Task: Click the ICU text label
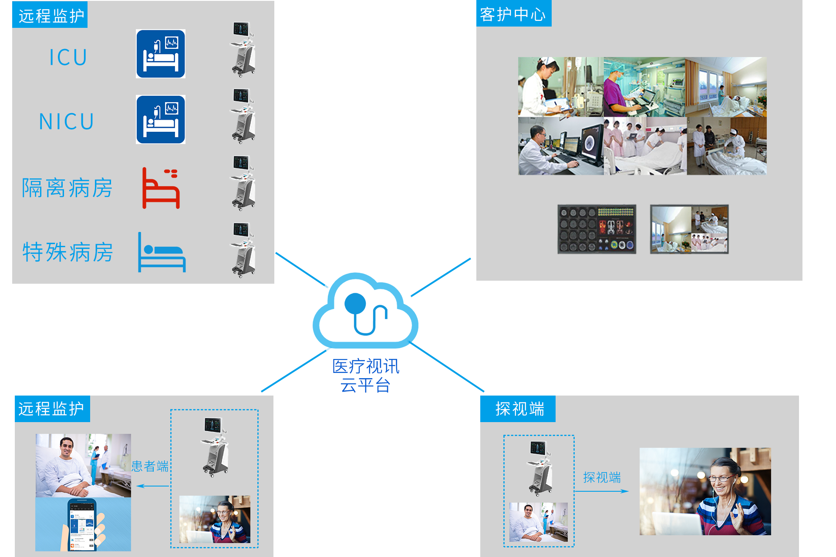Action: tap(68, 57)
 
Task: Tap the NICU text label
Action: tap(67, 121)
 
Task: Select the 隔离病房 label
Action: tap(67, 188)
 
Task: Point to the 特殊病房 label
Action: tap(67, 252)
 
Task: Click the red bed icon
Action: tap(161, 188)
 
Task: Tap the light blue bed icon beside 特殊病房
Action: tap(162, 253)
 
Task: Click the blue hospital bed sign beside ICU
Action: tap(161, 54)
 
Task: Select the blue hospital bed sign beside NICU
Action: tap(161, 120)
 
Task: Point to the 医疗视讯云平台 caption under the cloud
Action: tap(366, 376)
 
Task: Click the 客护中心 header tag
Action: tap(513, 14)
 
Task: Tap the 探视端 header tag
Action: tap(518, 409)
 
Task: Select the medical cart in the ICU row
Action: tap(243, 50)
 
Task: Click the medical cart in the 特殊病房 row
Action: tap(243, 250)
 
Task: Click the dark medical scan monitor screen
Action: tap(597, 229)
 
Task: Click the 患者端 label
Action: tap(150, 466)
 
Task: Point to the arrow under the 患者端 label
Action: tap(152, 486)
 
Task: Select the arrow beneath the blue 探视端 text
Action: tap(602, 491)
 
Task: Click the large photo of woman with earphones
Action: tap(705, 491)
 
